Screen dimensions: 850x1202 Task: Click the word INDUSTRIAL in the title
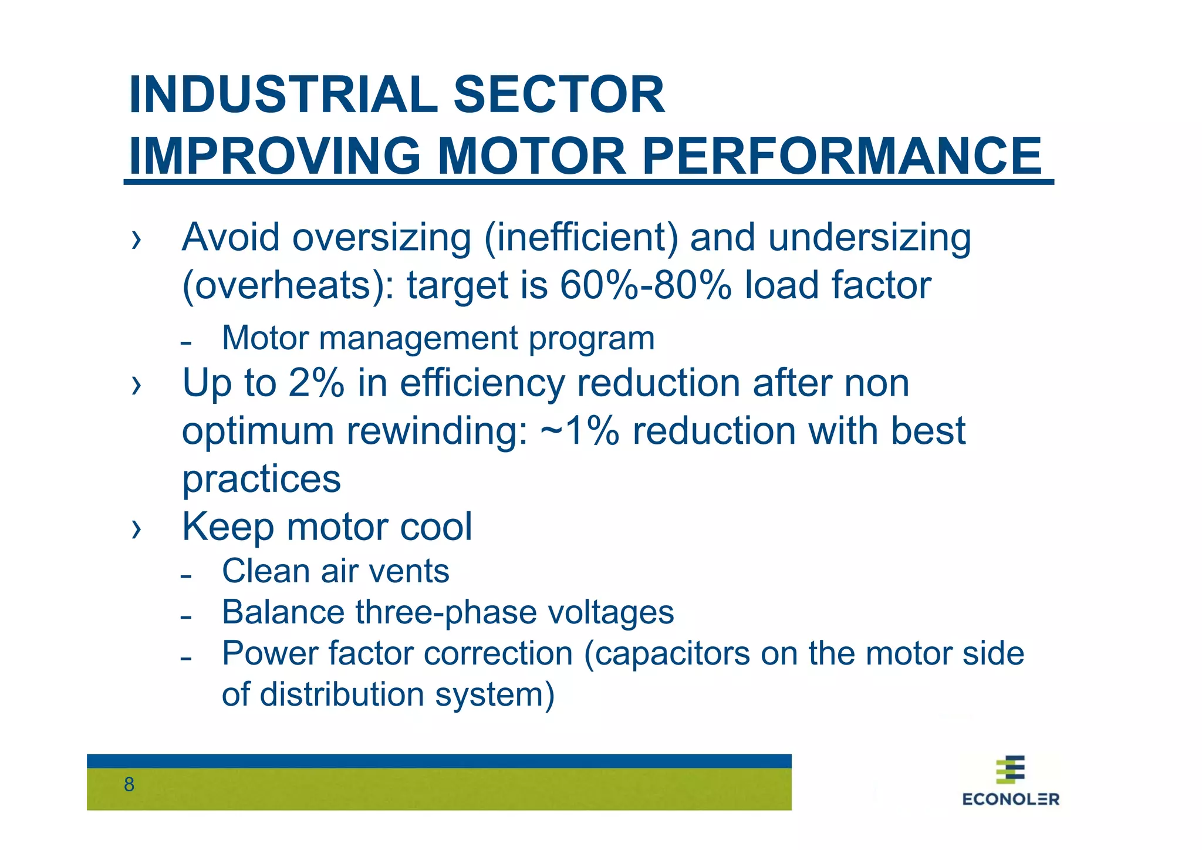coord(283,95)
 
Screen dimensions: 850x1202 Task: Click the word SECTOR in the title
coord(559,95)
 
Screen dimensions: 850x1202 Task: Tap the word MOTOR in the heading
coord(532,156)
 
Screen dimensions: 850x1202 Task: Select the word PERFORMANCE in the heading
coord(842,156)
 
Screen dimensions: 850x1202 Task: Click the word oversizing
coord(381,238)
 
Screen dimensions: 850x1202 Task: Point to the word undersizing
coord(869,238)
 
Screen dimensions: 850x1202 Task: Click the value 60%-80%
coord(646,286)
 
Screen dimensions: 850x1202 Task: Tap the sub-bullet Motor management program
coord(438,339)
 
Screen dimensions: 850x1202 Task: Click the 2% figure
coord(316,383)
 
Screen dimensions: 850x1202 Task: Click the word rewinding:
coord(437,431)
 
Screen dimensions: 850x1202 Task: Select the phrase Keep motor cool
coord(327,527)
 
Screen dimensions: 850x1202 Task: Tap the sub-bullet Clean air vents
coord(335,571)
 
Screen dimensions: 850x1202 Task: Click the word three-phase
coord(445,612)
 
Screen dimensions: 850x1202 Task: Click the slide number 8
coord(129,785)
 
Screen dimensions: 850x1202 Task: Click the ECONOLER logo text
coord(1011,799)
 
